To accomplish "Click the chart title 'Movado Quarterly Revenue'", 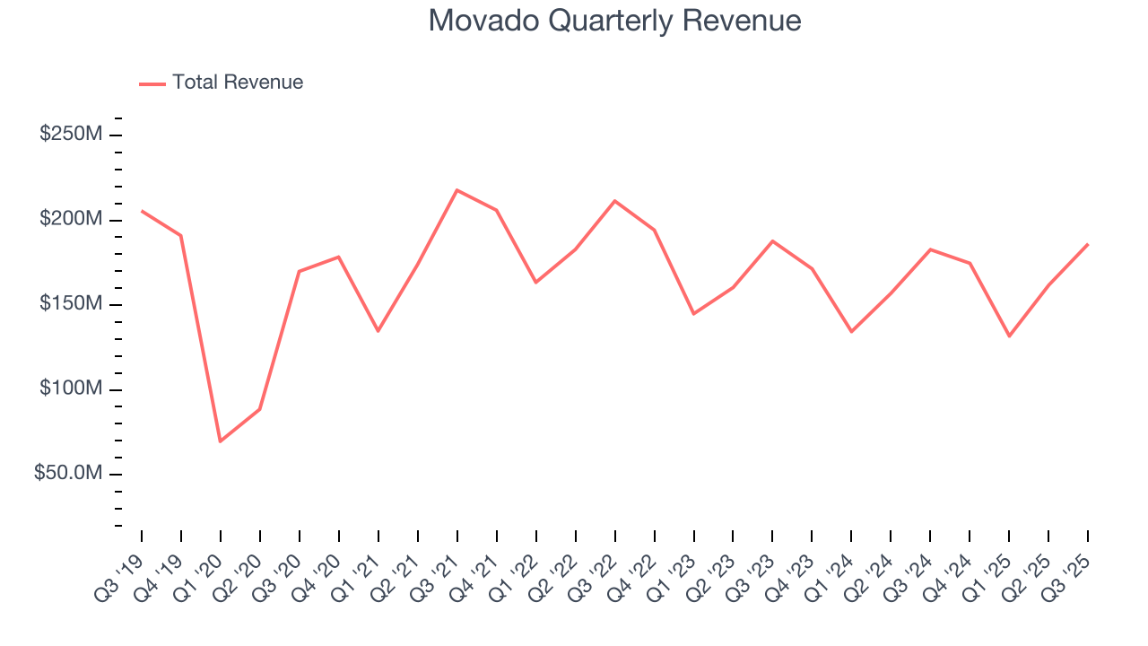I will [614, 21].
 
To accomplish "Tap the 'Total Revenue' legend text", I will [238, 83].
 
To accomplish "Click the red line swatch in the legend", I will [152, 83].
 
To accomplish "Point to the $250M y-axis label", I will [71, 135].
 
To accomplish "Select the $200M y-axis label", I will [71, 220].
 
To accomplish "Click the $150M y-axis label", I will [71, 304].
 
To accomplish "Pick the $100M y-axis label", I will [71, 389].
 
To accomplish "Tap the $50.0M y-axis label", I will [67, 474].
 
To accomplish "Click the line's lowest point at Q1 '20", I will [220, 441].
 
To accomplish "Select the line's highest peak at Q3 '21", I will [457, 190].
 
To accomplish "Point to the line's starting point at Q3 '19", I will [142, 211].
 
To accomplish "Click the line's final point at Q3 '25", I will [1088, 244].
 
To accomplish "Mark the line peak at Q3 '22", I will [614, 201].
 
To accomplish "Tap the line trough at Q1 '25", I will [1009, 336].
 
